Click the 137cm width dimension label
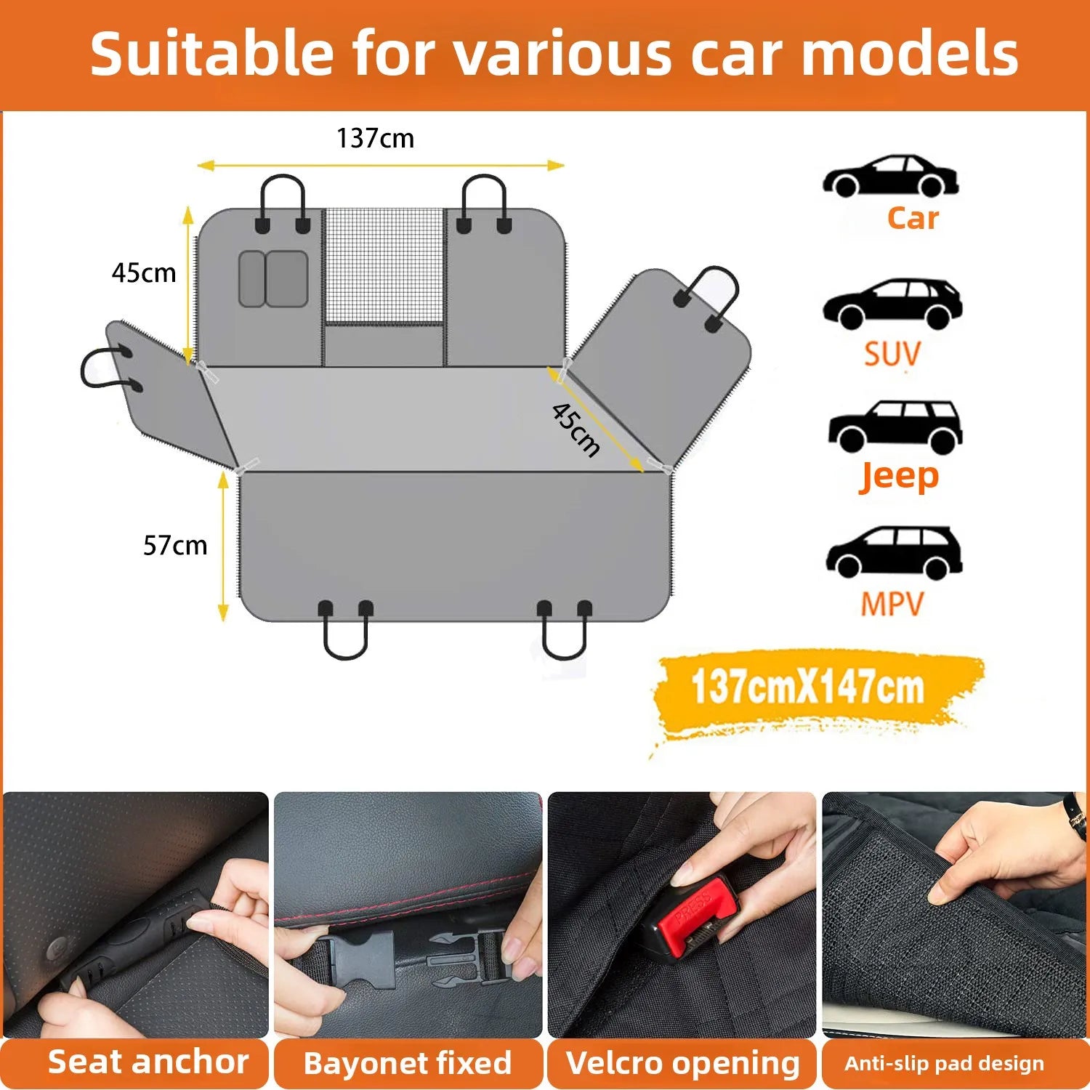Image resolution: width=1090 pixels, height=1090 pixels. pos(375,138)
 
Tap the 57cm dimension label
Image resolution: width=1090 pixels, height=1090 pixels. pos(175,545)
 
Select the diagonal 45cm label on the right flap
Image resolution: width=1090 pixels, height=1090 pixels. pos(576,429)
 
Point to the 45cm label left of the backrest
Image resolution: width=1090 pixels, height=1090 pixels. pos(144,273)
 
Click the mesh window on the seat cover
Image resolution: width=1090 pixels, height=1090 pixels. pos(384,266)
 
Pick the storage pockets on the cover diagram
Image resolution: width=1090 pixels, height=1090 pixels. pos(273,279)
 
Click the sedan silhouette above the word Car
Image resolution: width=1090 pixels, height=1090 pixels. pos(890,177)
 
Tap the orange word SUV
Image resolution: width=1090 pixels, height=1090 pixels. pos(892,354)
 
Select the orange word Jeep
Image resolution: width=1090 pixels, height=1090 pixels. pos(899,476)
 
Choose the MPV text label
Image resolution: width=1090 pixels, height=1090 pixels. pos(892,604)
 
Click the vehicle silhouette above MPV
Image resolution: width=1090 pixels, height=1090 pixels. pos(894,553)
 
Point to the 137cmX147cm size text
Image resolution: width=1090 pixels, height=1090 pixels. pos(807,687)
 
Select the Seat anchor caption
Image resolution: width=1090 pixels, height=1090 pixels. pos(148,1062)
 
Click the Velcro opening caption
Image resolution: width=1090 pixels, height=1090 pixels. pos(682,1063)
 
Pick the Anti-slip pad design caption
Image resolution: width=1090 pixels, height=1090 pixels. pos(944,1064)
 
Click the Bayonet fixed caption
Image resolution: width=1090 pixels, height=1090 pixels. pos(408,1063)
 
